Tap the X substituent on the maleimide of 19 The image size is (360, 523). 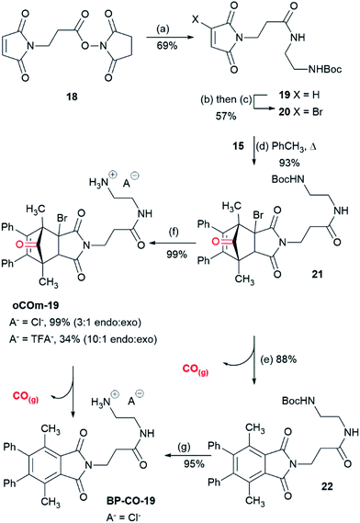[219, 13]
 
